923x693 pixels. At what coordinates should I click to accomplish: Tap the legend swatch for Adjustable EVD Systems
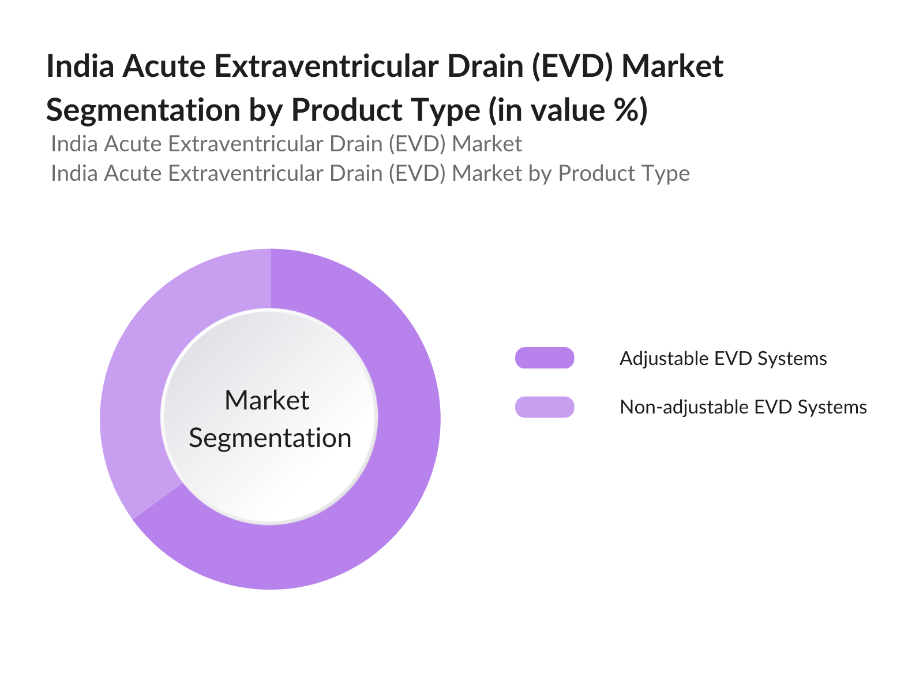pos(545,358)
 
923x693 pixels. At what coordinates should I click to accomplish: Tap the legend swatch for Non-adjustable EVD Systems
pos(545,407)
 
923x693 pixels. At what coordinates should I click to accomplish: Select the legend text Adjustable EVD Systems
pos(723,359)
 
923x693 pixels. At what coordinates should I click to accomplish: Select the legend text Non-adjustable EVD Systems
pos(743,407)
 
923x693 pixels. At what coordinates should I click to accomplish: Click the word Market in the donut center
pos(267,400)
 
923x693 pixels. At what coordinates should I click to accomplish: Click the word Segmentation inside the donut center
pos(270,438)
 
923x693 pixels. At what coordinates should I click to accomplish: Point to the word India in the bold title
pos(80,66)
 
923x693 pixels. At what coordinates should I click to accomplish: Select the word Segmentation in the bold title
pos(143,110)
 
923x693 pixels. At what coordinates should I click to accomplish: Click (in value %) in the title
pos(568,110)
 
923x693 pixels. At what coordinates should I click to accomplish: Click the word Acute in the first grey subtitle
pos(135,144)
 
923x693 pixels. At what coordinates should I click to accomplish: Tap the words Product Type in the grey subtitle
pos(624,173)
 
